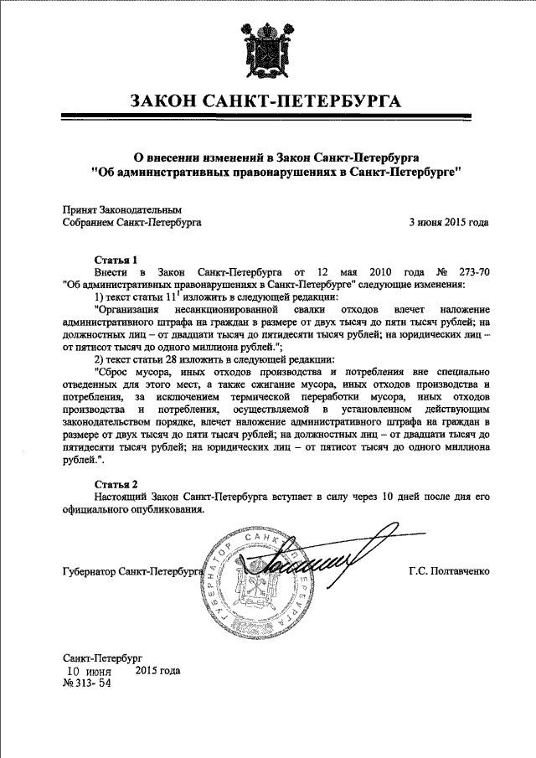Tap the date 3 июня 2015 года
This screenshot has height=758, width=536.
click(448, 223)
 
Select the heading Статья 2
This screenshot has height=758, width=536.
click(115, 483)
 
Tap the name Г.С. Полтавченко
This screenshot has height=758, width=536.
click(449, 572)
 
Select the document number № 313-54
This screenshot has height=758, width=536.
click(87, 683)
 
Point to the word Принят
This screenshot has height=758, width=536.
click(81, 209)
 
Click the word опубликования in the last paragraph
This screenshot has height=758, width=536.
click(167, 510)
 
